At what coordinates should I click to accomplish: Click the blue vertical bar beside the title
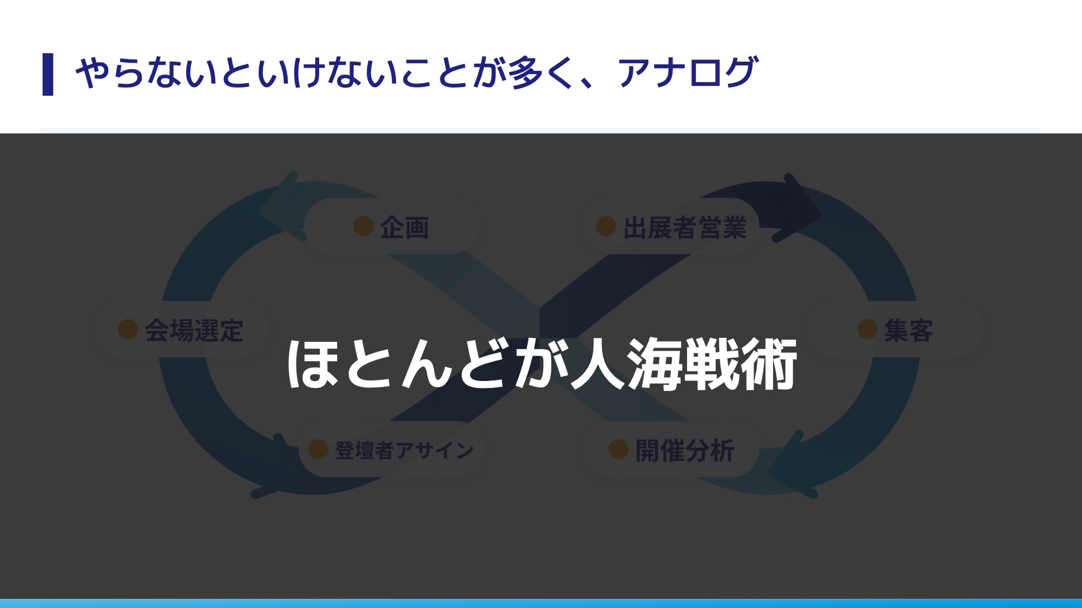pyautogui.click(x=48, y=74)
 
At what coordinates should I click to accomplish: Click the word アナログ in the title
pyautogui.click(x=688, y=72)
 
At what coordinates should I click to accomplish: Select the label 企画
pyautogui.click(x=404, y=228)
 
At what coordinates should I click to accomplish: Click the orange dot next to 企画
pyautogui.click(x=363, y=226)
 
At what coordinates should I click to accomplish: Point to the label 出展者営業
pyautogui.click(x=685, y=228)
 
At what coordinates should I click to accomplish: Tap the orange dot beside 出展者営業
pyautogui.click(x=606, y=226)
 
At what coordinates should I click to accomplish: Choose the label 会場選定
pyautogui.click(x=194, y=330)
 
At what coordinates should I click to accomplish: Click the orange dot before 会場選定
pyautogui.click(x=128, y=329)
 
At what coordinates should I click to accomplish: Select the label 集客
pyautogui.click(x=908, y=330)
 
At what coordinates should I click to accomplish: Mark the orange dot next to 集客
pyautogui.click(x=867, y=329)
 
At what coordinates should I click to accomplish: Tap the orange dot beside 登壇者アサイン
pyautogui.click(x=318, y=449)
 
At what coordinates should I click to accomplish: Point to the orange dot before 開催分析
pyautogui.click(x=618, y=449)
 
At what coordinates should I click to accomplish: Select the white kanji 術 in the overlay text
pyautogui.click(x=769, y=364)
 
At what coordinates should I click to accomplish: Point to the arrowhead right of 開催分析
pyautogui.click(x=790, y=465)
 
